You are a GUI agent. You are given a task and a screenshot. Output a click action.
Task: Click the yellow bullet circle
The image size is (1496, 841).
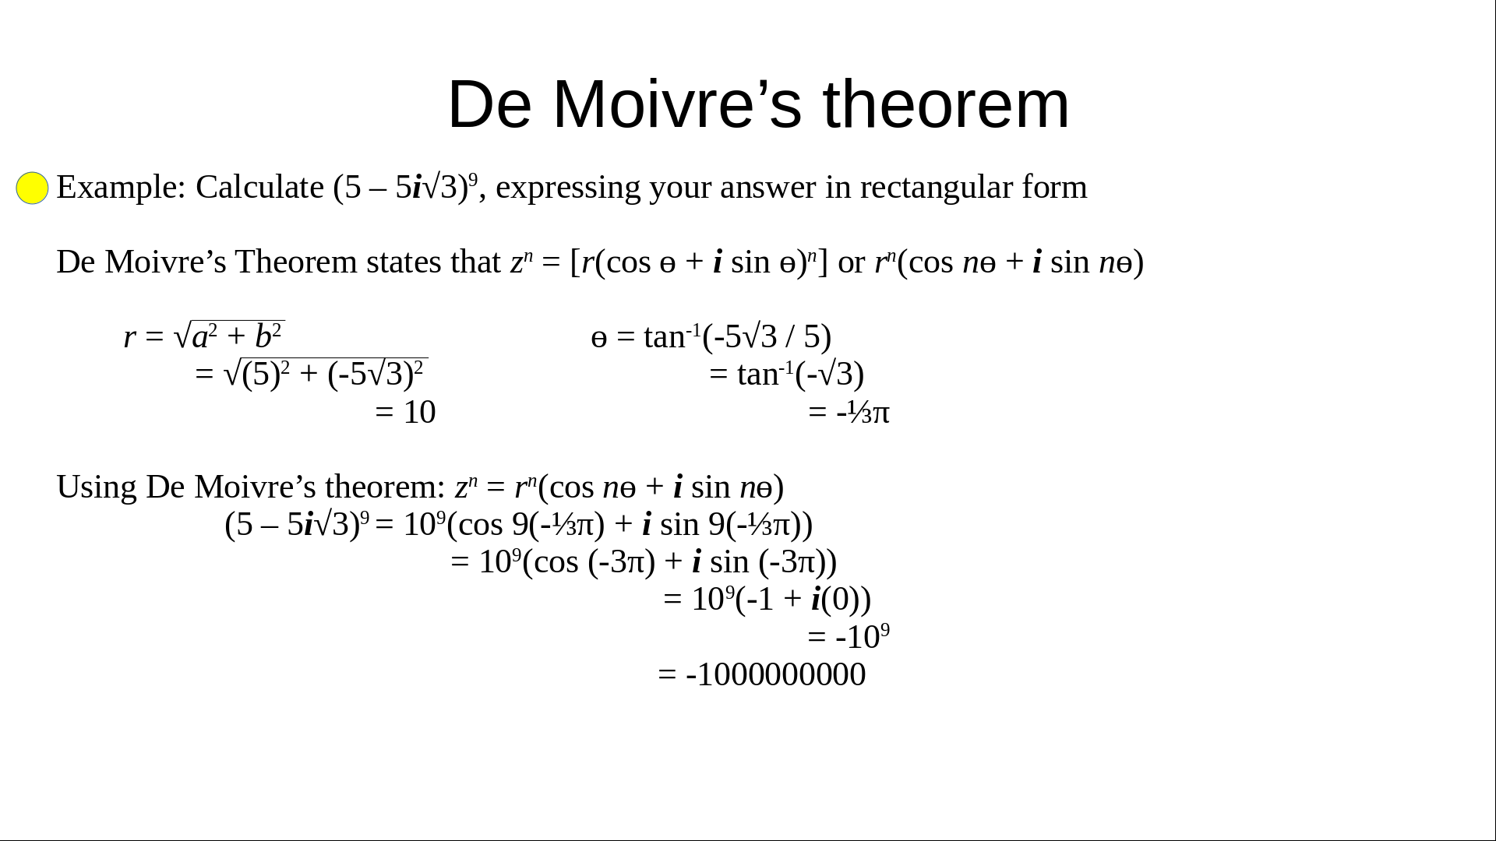tap(32, 188)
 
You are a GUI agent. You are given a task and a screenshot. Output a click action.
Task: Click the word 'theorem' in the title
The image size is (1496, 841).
tap(947, 104)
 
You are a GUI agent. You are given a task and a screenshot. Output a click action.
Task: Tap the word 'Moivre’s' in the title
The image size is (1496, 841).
tap(677, 104)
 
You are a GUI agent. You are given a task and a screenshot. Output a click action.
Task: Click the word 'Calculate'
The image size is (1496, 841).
tap(259, 188)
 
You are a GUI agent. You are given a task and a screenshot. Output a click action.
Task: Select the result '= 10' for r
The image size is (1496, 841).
tap(405, 412)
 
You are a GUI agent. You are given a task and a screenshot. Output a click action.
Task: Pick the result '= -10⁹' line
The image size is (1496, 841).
tap(849, 636)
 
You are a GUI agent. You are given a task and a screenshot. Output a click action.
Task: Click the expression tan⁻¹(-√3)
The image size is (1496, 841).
tap(801, 374)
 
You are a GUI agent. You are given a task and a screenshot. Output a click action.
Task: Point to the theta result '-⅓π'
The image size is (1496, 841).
tap(863, 412)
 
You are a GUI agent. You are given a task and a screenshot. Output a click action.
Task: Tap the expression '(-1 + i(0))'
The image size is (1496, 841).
tap(803, 600)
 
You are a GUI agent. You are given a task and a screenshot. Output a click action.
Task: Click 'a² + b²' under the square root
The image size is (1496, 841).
tap(237, 336)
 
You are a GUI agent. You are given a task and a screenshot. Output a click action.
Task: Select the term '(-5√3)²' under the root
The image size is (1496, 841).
tap(376, 374)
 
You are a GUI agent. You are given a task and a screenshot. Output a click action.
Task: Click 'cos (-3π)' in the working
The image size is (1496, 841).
tap(589, 562)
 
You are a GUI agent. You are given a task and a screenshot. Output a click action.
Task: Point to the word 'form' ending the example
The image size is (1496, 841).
tap(1055, 188)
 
